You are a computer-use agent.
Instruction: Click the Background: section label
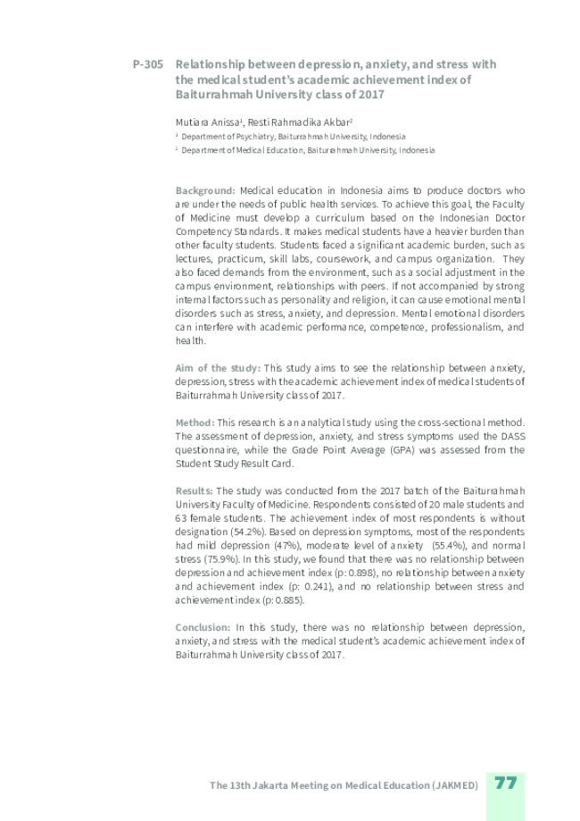[205, 190]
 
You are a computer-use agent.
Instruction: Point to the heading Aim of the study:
[218, 367]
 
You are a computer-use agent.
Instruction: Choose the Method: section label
[195, 421]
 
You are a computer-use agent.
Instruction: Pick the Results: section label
[194, 490]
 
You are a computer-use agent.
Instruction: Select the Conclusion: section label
[203, 627]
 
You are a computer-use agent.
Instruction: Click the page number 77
[506, 783]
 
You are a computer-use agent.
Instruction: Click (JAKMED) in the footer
[453, 784]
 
